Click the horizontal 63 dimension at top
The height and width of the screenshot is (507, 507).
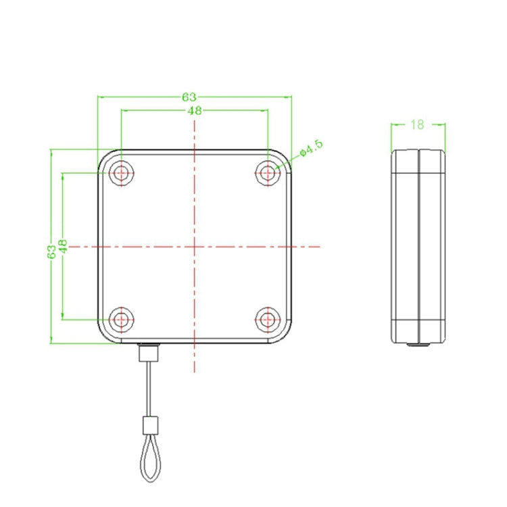[189, 97]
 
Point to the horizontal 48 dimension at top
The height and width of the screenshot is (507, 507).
[195, 111]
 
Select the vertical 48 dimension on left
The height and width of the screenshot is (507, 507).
[63, 245]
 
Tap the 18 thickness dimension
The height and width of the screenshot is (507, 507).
[417, 124]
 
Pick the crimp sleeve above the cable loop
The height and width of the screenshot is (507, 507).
[149, 426]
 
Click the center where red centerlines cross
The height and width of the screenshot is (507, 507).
[195, 246]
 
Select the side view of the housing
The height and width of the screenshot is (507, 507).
[419, 246]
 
